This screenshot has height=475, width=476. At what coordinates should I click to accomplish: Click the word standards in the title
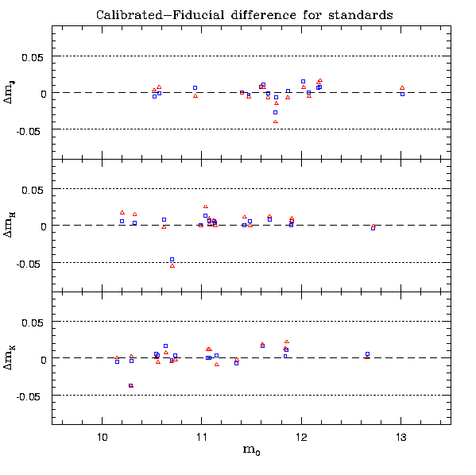click(x=361, y=15)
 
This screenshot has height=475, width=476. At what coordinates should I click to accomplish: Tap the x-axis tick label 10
click(x=102, y=438)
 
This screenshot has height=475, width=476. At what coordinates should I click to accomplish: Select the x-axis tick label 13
click(x=401, y=438)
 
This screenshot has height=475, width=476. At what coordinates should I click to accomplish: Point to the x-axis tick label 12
click(x=301, y=438)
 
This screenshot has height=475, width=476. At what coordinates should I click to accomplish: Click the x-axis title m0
click(x=251, y=450)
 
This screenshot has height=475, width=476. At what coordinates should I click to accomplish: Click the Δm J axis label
click(x=9, y=92)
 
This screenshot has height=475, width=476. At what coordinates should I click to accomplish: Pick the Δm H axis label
click(x=9, y=225)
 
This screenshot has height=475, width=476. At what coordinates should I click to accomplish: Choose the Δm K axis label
click(x=9, y=357)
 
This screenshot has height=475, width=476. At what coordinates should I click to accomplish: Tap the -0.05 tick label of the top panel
click(x=29, y=132)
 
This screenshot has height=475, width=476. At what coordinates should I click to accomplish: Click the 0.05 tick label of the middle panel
click(x=32, y=191)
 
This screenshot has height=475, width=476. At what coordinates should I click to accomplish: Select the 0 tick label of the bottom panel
click(x=44, y=360)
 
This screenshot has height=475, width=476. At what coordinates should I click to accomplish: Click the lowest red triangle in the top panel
click(x=276, y=122)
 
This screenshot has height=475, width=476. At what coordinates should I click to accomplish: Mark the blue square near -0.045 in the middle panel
click(x=172, y=259)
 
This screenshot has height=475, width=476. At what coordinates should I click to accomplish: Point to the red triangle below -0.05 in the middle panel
click(x=172, y=265)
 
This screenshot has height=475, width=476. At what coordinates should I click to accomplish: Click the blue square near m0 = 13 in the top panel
click(x=403, y=95)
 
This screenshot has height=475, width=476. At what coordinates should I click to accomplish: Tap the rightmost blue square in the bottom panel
click(x=368, y=354)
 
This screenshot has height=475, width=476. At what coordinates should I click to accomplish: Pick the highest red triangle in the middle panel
click(x=206, y=207)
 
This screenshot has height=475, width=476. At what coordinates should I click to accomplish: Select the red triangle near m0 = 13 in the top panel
click(x=402, y=87)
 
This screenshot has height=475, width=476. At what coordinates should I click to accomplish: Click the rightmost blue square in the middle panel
click(x=373, y=228)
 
